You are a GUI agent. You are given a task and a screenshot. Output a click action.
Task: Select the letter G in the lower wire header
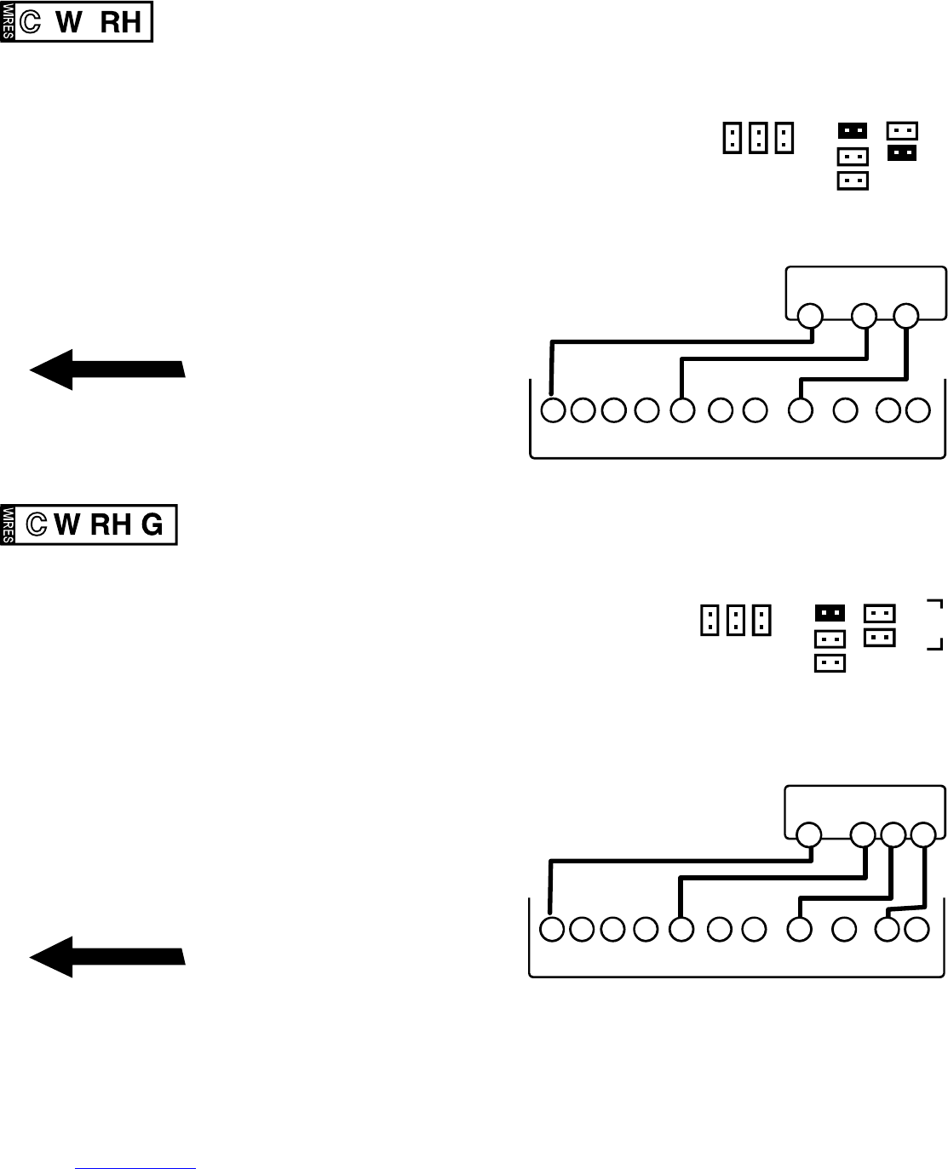click(152, 524)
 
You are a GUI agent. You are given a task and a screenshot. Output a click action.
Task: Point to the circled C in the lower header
click(36, 524)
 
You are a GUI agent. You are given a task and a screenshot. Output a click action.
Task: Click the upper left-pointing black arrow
click(107, 369)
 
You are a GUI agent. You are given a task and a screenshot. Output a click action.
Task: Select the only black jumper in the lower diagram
click(830, 613)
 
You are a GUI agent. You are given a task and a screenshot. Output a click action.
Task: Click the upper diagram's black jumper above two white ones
click(853, 131)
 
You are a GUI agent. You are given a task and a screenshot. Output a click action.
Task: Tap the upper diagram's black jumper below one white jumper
click(902, 153)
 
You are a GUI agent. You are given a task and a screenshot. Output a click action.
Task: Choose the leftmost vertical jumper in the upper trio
click(731, 137)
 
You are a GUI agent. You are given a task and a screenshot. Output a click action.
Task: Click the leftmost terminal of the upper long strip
click(553, 410)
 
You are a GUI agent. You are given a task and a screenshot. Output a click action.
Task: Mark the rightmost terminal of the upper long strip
click(917, 410)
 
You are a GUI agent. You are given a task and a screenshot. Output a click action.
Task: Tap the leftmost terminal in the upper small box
click(810, 316)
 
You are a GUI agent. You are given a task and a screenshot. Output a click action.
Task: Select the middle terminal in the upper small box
click(864, 316)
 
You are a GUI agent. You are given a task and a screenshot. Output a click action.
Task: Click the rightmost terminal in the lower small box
click(922, 835)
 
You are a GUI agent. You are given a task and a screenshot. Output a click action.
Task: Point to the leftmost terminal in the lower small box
click(808, 835)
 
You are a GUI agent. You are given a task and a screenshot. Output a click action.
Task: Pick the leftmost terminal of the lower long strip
click(552, 929)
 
